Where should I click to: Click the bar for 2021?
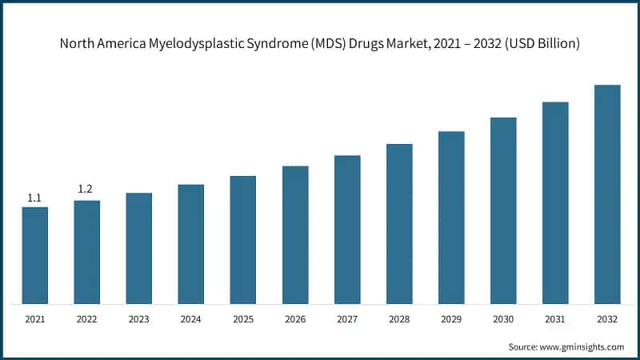[x=34, y=255]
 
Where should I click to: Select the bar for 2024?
[x=190, y=244]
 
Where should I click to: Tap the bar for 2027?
[x=347, y=230]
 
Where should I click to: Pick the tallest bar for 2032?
[x=607, y=194]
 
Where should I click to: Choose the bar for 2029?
[x=451, y=218]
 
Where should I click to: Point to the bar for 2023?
[x=138, y=248]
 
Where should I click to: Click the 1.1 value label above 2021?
[x=34, y=198]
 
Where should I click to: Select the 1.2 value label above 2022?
[x=86, y=190]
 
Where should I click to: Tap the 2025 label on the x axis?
[x=242, y=318]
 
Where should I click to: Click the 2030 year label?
[x=503, y=318]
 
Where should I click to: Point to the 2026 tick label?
[x=295, y=318]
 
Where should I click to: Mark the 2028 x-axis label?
[x=399, y=318]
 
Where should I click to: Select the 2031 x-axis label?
[x=555, y=318]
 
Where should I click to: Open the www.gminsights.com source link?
[x=581, y=347]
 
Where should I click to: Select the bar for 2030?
[x=503, y=210]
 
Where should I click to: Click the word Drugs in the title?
[x=364, y=43]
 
